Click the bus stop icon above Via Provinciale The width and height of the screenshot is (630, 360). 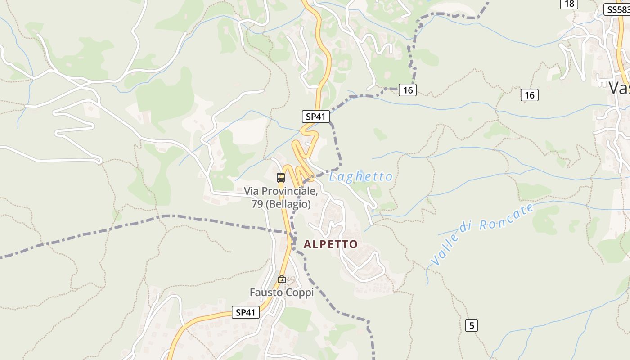(281, 177)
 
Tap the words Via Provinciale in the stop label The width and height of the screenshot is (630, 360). (281, 191)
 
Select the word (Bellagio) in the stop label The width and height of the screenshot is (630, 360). (288, 204)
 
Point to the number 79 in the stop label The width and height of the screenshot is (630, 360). (257, 204)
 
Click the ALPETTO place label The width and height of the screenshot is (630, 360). (331, 244)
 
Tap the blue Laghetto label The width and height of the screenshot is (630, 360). (361, 177)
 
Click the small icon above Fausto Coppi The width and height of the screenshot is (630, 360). (282, 279)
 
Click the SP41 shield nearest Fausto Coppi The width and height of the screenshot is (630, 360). (246, 312)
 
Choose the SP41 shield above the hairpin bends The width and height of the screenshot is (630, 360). (315, 117)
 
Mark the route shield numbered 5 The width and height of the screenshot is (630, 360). (472, 325)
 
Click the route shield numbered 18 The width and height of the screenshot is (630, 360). (569, 4)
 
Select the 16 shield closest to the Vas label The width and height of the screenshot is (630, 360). (530, 95)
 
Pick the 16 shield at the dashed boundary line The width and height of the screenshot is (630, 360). (408, 90)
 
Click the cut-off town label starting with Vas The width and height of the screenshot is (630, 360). (619, 88)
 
